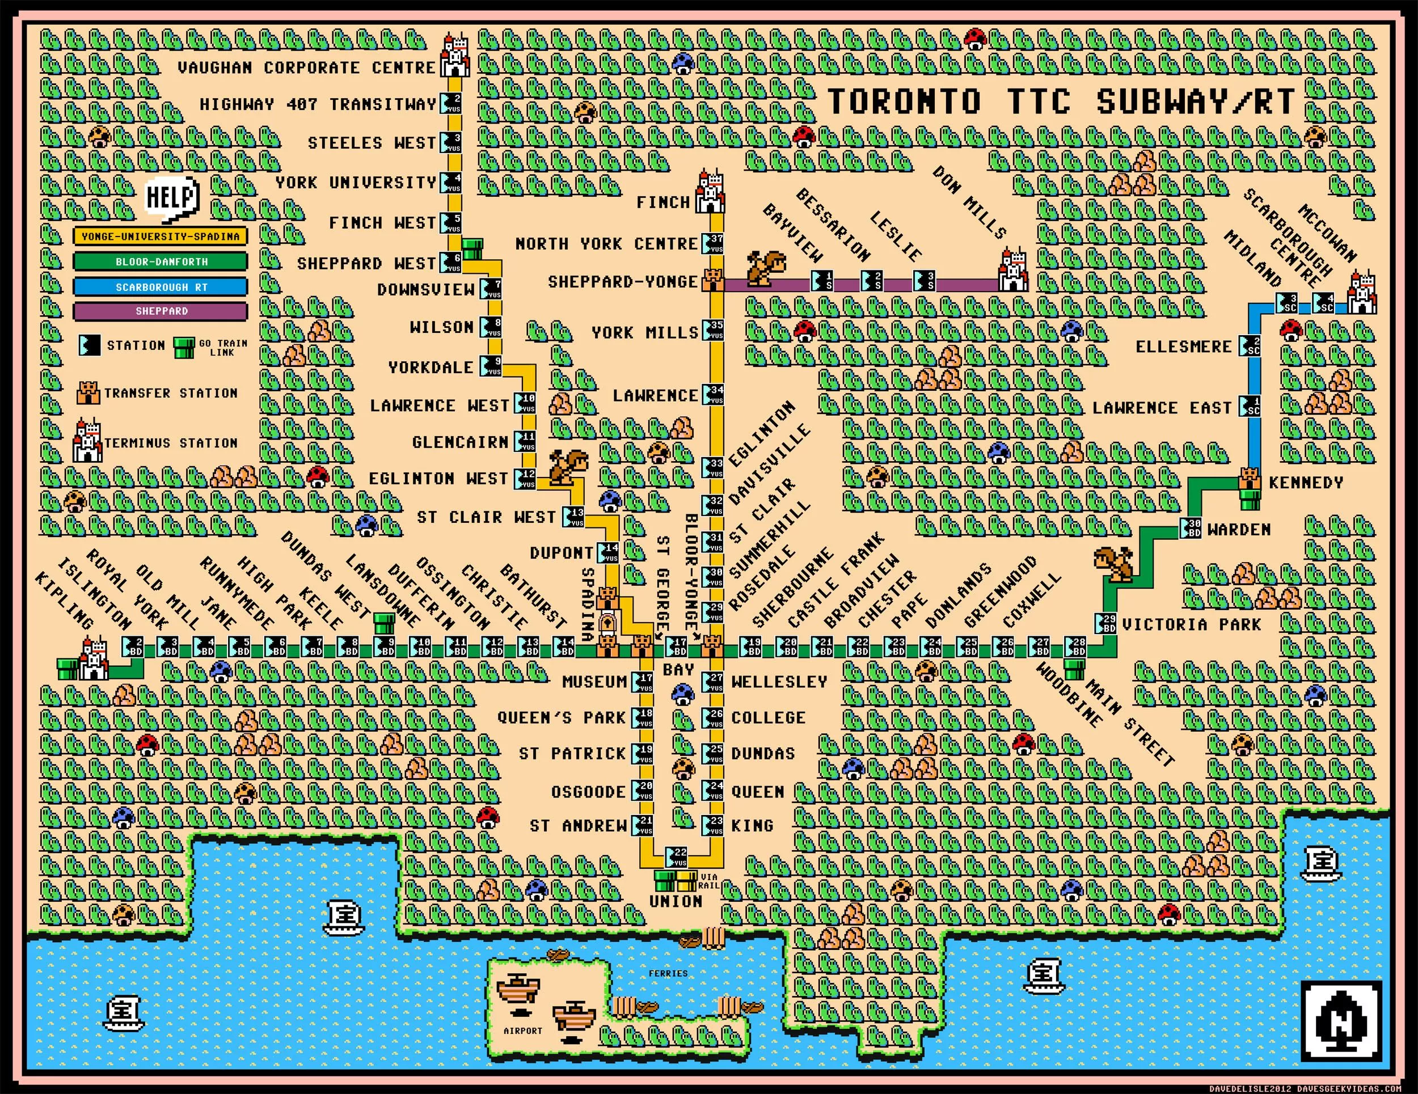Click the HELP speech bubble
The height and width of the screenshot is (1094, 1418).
click(x=171, y=197)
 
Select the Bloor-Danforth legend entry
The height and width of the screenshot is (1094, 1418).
click(x=161, y=261)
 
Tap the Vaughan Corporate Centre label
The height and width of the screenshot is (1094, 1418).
click(x=306, y=67)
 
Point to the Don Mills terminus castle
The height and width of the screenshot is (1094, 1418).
click(x=1013, y=271)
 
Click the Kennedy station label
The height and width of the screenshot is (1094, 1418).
click(x=1306, y=483)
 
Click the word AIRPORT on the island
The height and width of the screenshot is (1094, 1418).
click(x=522, y=1030)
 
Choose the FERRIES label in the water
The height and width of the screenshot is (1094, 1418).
click(x=668, y=973)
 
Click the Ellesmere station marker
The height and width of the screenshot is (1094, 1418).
click(x=1250, y=346)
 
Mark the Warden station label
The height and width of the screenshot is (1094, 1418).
click(x=1239, y=530)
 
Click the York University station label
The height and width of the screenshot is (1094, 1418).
click(x=356, y=183)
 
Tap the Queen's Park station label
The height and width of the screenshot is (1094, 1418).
click(x=561, y=717)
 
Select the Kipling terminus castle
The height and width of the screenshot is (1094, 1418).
click(x=94, y=659)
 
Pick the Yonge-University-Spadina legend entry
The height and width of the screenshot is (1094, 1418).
click(x=161, y=236)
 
